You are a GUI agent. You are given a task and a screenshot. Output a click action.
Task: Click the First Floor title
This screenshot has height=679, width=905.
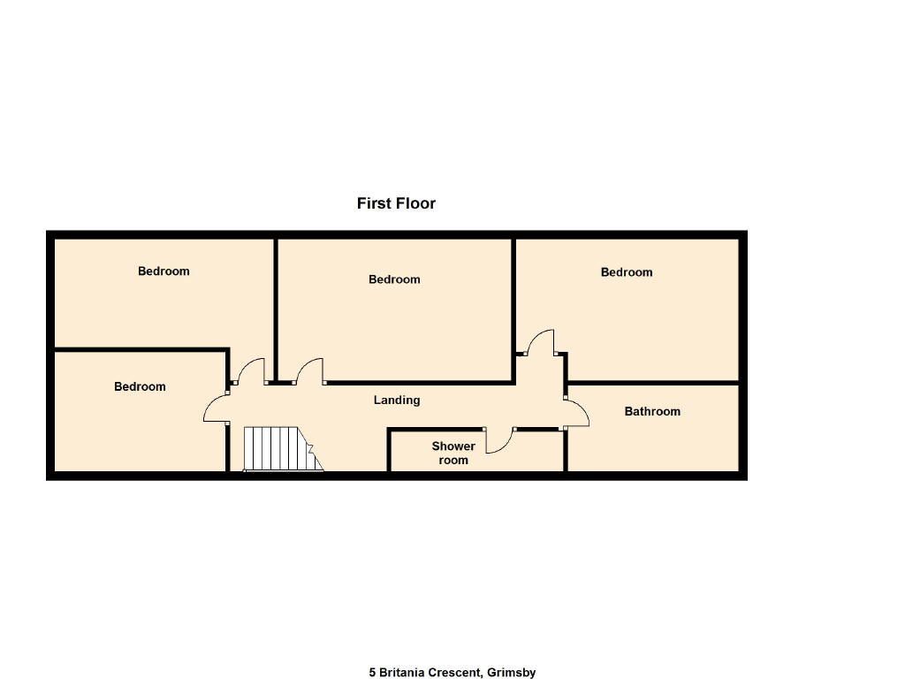(396, 203)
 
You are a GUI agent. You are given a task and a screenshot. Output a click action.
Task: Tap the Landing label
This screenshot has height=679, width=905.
(397, 400)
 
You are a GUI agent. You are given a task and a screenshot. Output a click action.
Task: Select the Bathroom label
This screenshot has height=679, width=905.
(652, 411)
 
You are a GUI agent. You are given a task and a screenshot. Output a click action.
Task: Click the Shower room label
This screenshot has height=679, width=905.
(453, 454)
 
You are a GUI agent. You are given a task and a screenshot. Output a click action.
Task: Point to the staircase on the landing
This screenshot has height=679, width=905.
(283, 449)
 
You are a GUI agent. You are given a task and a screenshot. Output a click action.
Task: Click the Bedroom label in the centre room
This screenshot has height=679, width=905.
(394, 279)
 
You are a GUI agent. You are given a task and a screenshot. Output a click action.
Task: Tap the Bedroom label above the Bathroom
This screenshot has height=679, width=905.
(627, 272)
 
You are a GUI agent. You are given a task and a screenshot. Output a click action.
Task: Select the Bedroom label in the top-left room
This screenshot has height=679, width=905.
(164, 271)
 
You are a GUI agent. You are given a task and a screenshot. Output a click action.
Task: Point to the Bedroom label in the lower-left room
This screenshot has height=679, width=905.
(140, 386)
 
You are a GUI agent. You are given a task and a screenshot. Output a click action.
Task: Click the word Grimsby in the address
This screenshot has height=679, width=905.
(512, 673)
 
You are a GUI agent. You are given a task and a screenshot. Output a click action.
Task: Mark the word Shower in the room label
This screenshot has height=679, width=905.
(453, 446)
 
